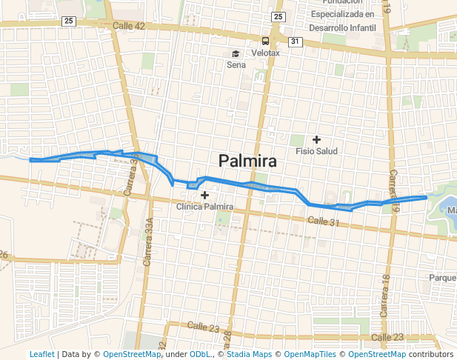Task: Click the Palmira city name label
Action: pyautogui.click(x=247, y=161)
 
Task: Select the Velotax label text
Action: pyautogui.click(x=265, y=53)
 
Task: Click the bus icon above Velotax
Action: pyautogui.click(x=265, y=41)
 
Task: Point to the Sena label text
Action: pyautogui.click(x=236, y=64)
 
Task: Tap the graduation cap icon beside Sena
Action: pyautogui.click(x=236, y=53)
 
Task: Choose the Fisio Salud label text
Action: pyautogui.click(x=316, y=151)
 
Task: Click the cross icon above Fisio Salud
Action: pyautogui.click(x=316, y=139)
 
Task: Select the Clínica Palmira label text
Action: pyautogui.click(x=205, y=207)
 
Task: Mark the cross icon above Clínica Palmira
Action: pyautogui.click(x=205, y=195)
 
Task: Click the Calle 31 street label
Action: pyautogui.click(x=324, y=222)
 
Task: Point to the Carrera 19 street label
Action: pyautogui.click(x=395, y=191)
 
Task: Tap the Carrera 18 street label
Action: pyautogui.click(x=384, y=296)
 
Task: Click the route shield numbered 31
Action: pyautogui.click(x=295, y=41)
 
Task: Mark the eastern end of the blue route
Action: pyautogui.click(x=426, y=197)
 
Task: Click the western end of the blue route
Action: pyautogui.click(x=30, y=159)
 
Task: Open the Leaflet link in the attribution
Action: pyautogui.click(x=41, y=354)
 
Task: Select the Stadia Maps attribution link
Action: pyautogui.click(x=251, y=354)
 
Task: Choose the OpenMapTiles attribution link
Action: pyautogui.click(x=310, y=354)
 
